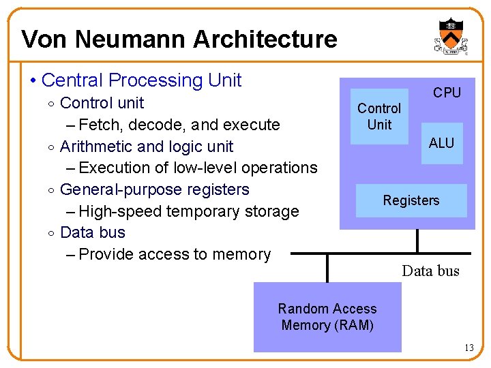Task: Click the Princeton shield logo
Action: (x=450, y=36)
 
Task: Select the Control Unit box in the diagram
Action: (x=379, y=117)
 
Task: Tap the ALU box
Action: (x=441, y=143)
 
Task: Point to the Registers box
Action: (x=411, y=200)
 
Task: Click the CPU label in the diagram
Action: (x=447, y=93)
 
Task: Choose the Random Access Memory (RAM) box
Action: (x=327, y=317)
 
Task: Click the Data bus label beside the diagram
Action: (x=431, y=271)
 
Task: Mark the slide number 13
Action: (x=468, y=348)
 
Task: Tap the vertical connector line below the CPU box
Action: (x=417, y=241)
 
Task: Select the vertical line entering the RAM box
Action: (x=328, y=269)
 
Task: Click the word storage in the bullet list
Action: (x=271, y=211)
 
